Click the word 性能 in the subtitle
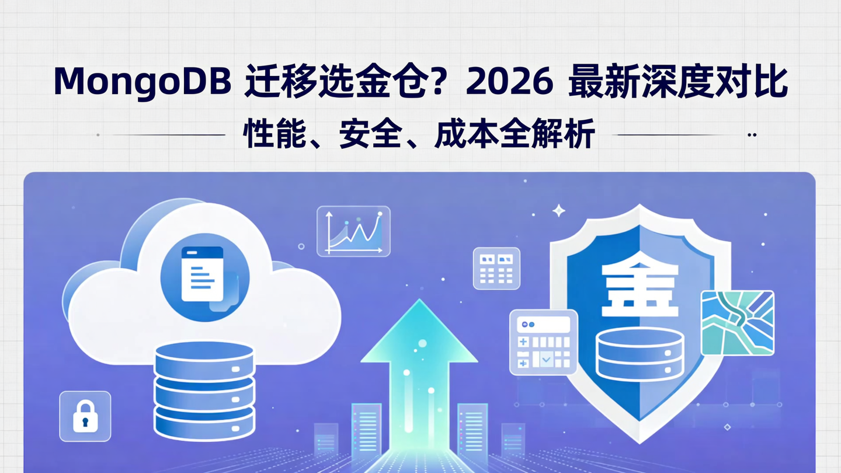268,134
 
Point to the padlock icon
85,416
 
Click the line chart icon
353,231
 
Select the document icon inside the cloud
203,274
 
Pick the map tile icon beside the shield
737,322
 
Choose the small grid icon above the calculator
496,268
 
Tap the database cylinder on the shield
640,353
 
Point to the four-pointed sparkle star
559,211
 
